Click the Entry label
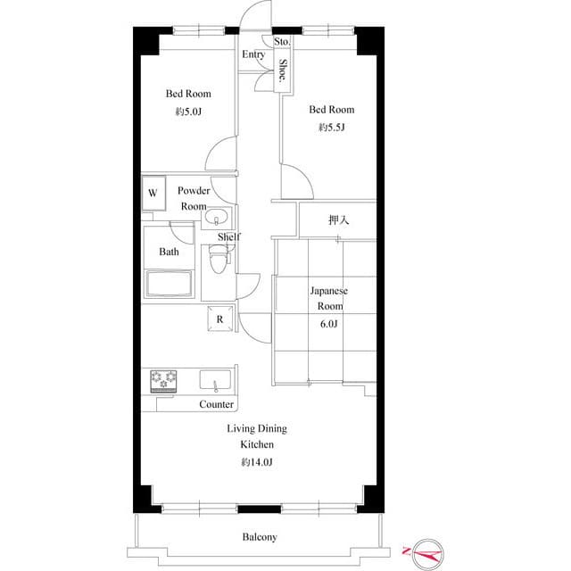coord(253,55)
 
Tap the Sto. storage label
coord(282,42)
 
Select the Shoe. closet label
coord(283,70)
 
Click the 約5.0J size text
coord(187,112)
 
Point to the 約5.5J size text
coord(331,128)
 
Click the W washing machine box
coord(153,193)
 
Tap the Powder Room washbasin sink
coord(217,219)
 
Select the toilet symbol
coord(218,261)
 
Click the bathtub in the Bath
coord(170,285)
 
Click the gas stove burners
coord(164,381)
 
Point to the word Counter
coord(217,404)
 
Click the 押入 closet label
coord(338,220)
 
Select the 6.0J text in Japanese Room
coord(329,323)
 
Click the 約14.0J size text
coord(256,461)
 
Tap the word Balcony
coord(260,537)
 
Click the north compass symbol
coord(421,554)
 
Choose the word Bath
coord(169,252)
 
